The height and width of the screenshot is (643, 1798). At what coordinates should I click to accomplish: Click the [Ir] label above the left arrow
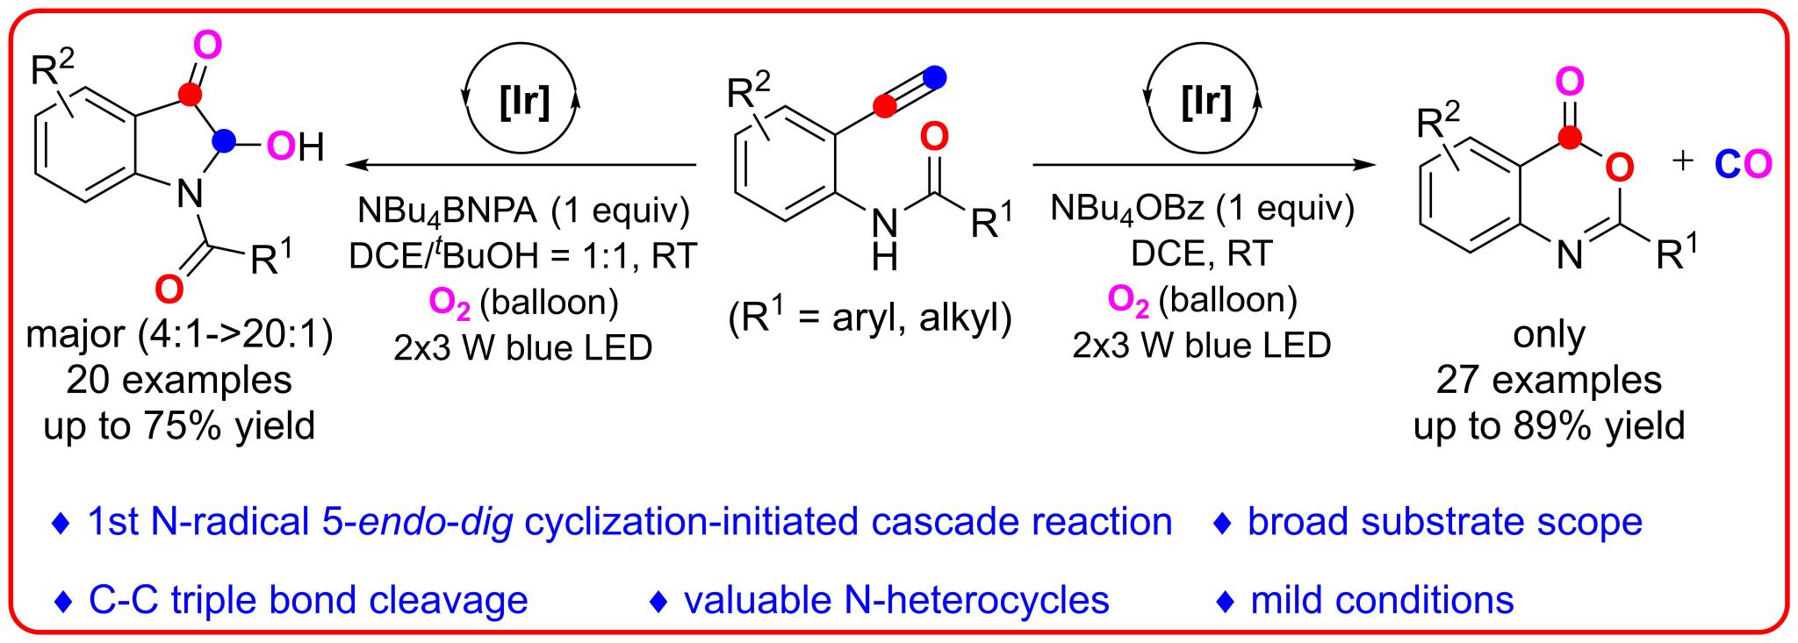point(524,103)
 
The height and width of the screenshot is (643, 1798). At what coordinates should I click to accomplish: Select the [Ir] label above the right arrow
point(1206,103)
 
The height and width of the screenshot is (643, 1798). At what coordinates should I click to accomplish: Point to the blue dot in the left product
point(227,139)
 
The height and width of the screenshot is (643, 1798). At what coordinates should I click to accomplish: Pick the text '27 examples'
point(1549,381)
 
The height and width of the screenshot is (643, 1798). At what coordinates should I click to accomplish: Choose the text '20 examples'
point(179,381)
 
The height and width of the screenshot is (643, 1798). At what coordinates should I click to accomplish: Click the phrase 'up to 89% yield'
point(1549,426)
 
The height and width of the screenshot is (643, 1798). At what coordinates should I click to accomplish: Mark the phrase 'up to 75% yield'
point(179,426)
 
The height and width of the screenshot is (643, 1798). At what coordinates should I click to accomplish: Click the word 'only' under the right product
point(1549,335)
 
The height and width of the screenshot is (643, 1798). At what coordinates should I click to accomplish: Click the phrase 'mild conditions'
point(1382,600)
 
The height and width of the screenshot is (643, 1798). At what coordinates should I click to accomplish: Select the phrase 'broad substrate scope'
point(1444,522)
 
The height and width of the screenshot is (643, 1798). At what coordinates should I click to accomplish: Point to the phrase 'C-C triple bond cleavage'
point(308,600)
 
